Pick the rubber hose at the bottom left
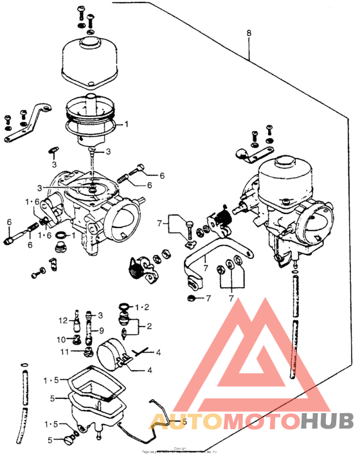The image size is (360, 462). click(x=25, y=395)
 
